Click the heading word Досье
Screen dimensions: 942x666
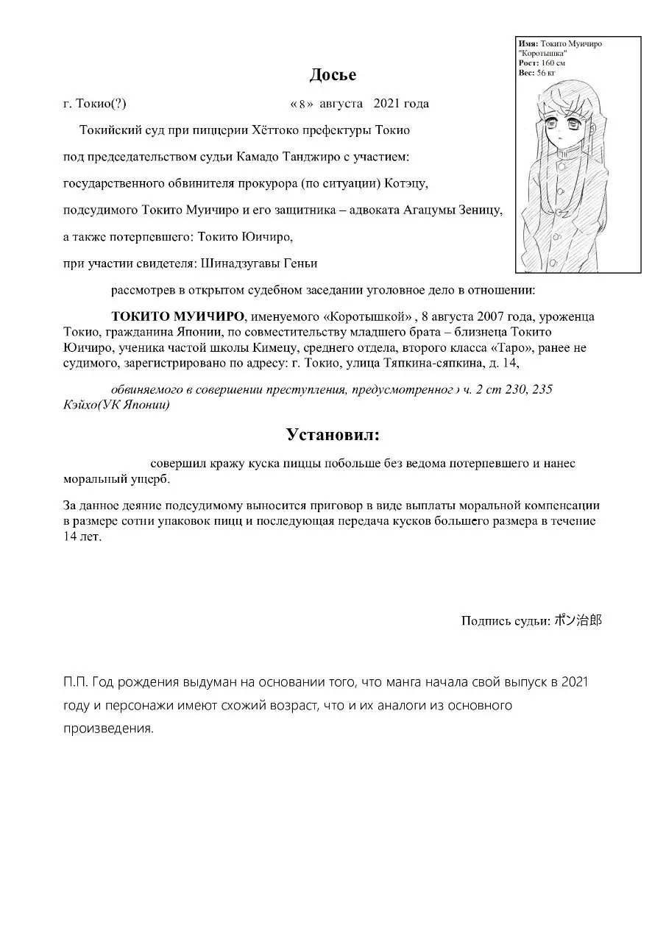pyautogui.click(x=333, y=75)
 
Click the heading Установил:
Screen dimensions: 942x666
pyautogui.click(x=333, y=435)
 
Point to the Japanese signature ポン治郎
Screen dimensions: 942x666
pyautogui.click(x=578, y=620)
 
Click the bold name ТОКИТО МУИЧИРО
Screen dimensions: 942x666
pyautogui.click(x=177, y=317)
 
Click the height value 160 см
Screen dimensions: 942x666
pyautogui.click(x=554, y=63)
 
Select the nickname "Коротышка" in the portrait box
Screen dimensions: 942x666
pyautogui.click(x=543, y=54)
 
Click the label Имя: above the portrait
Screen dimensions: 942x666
pyautogui.click(x=528, y=44)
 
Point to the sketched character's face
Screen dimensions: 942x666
pyautogui.click(x=564, y=130)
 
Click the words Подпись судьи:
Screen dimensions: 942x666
pyautogui.click(x=506, y=621)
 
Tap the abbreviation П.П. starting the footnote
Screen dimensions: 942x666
pyautogui.click(x=76, y=682)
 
